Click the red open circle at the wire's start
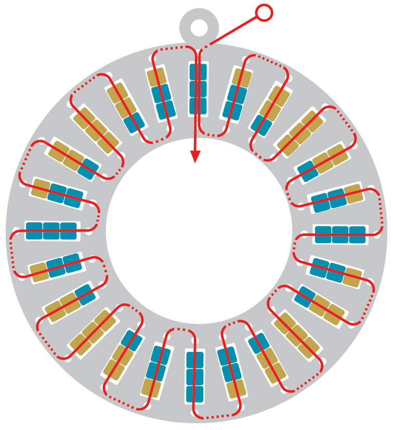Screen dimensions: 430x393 pos(264,12)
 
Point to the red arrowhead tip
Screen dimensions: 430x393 pos(195,162)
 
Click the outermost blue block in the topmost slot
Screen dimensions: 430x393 pos(198,72)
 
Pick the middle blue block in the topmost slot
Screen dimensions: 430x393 pos(198,88)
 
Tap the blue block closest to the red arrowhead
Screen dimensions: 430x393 pos(198,105)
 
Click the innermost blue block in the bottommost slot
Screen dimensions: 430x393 pos(195,360)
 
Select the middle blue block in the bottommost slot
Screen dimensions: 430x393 pos(195,377)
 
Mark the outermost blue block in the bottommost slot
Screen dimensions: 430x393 pos(195,394)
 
